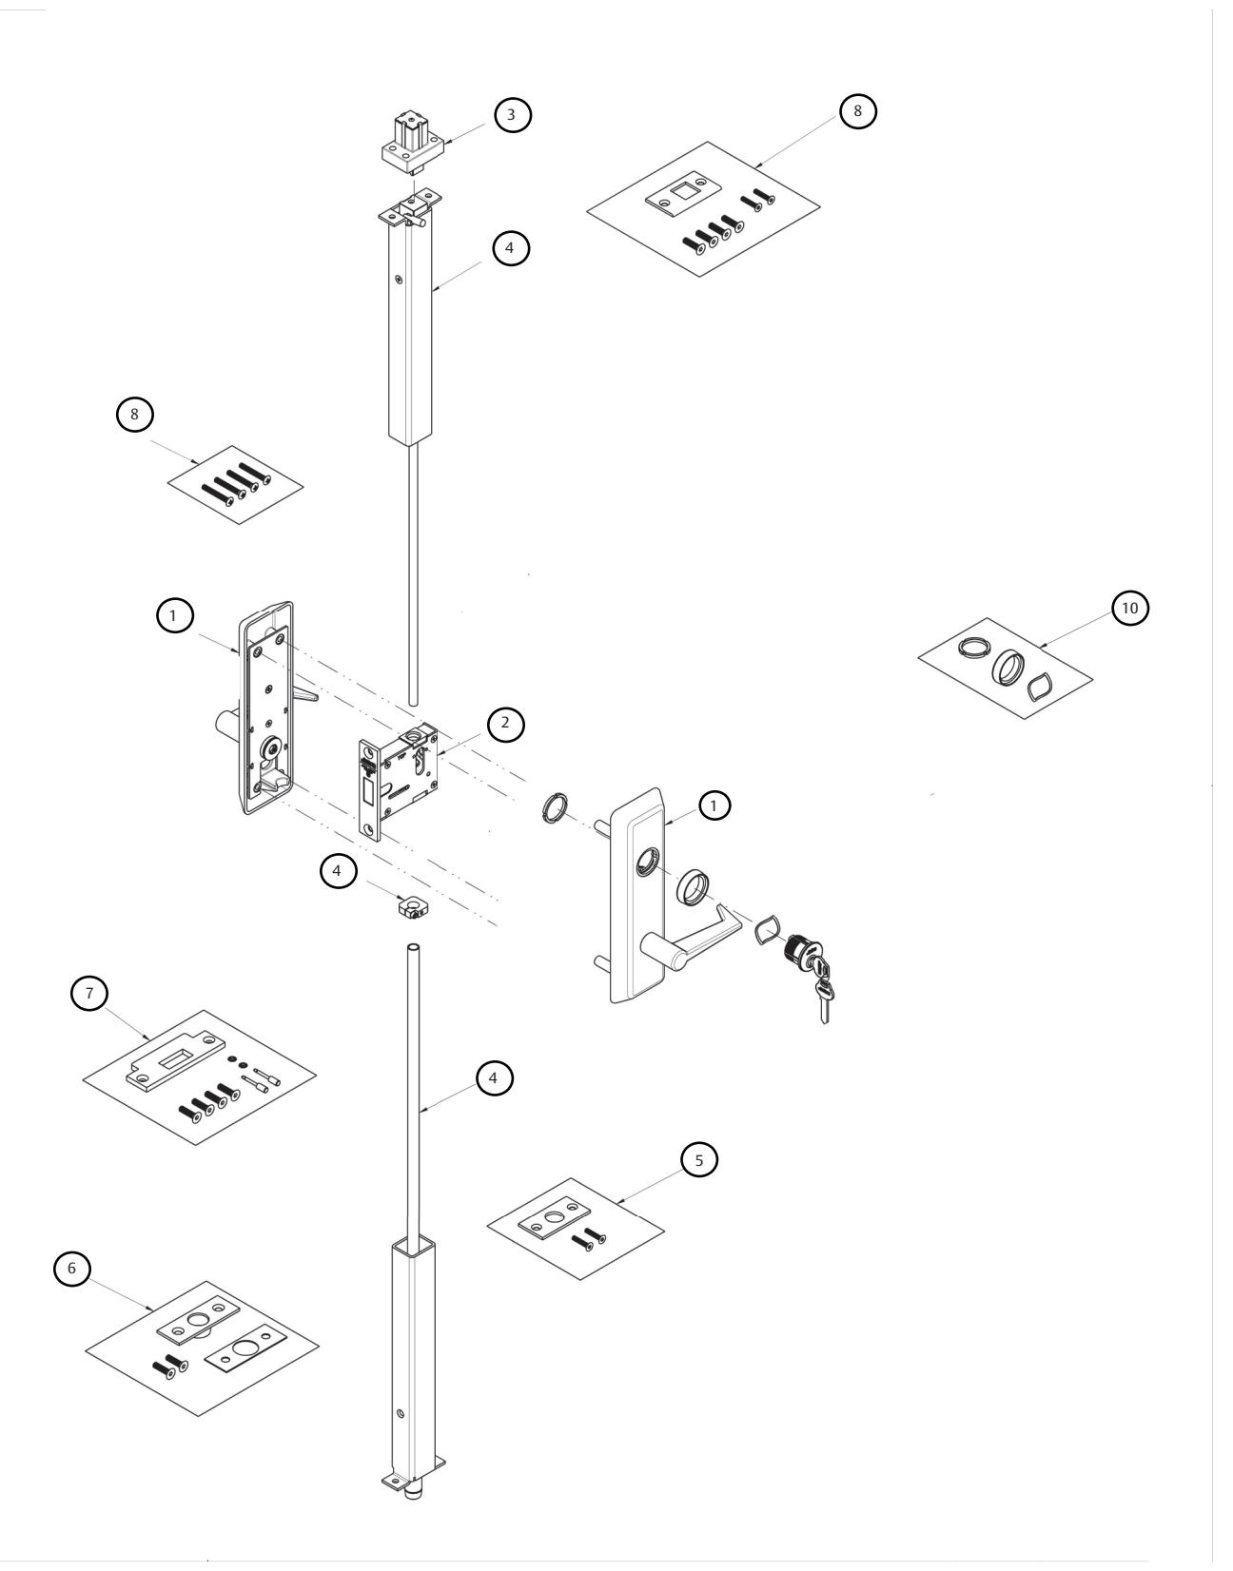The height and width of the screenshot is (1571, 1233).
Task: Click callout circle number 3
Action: pyautogui.click(x=512, y=115)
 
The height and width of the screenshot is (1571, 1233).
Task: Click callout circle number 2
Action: pyautogui.click(x=505, y=723)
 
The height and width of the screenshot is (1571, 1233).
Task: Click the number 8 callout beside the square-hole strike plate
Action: pyautogui.click(x=856, y=110)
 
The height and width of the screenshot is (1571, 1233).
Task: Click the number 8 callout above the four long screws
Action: pyautogui.click(x=134, y=417)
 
